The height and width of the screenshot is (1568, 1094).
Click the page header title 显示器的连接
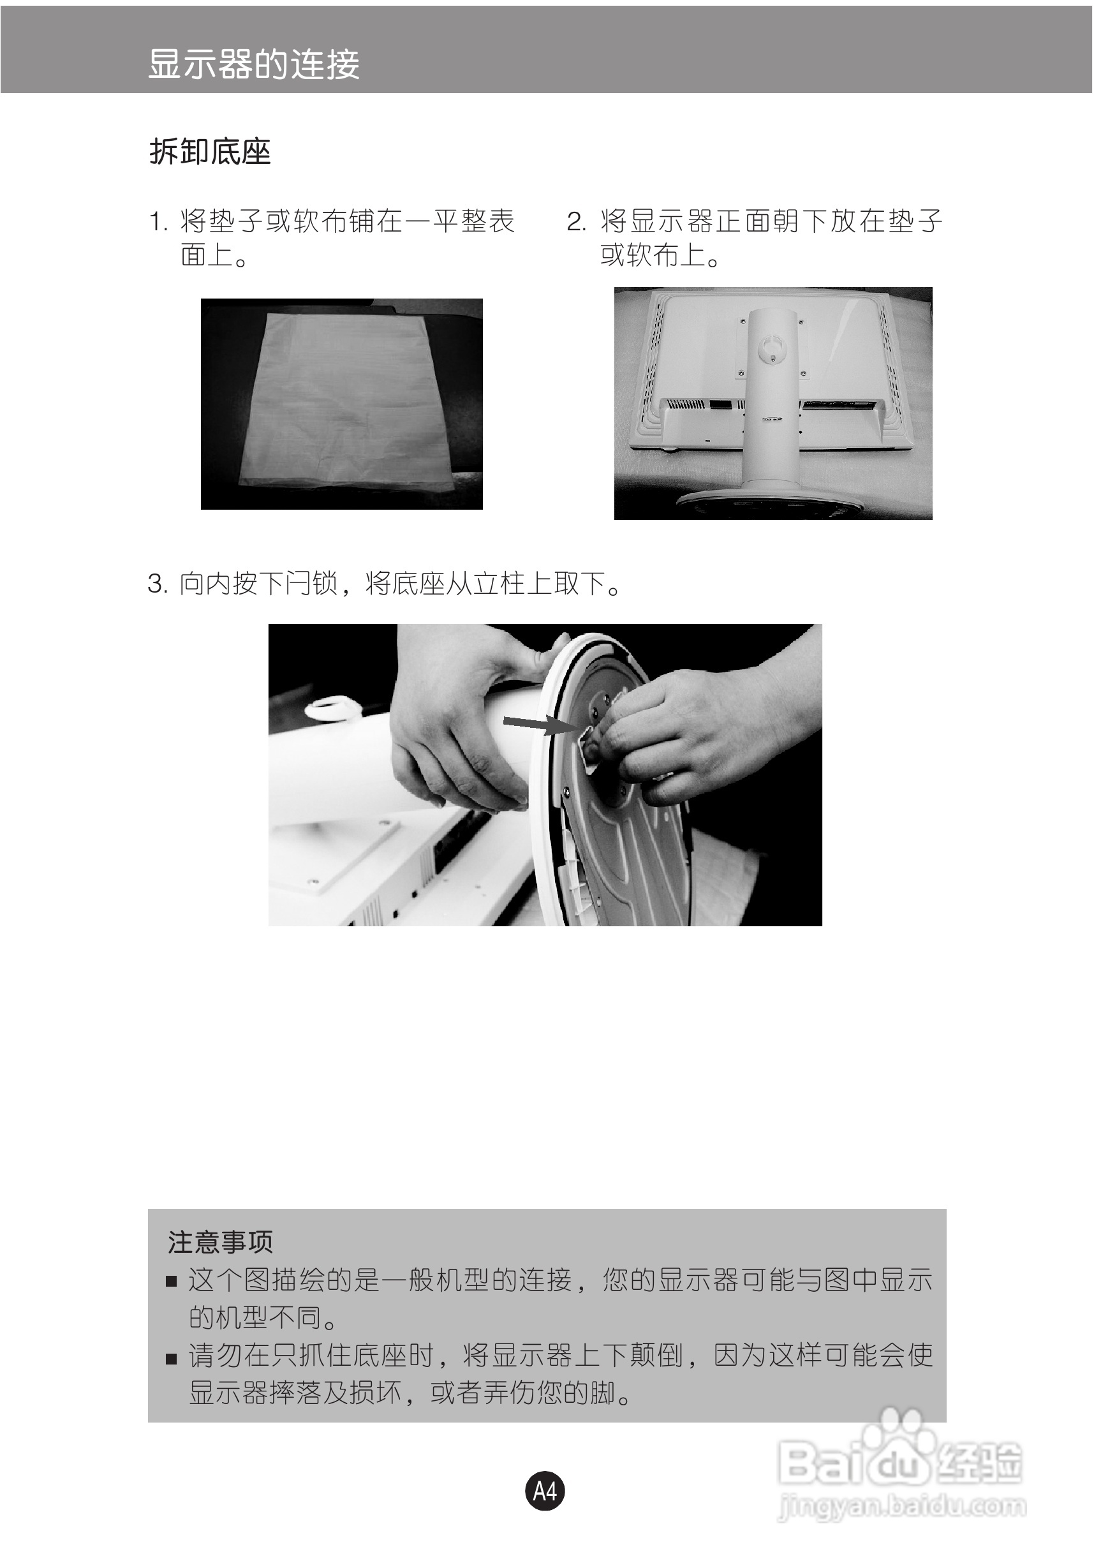click(253, 65)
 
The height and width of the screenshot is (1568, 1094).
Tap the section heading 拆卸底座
click(211, 152)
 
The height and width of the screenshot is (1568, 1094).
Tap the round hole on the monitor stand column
click(772, 345)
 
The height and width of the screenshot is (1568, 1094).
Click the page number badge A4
click(545, 1491)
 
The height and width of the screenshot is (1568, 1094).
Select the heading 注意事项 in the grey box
click(221, 1242)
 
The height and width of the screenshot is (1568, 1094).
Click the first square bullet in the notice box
click(172, 1282)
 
